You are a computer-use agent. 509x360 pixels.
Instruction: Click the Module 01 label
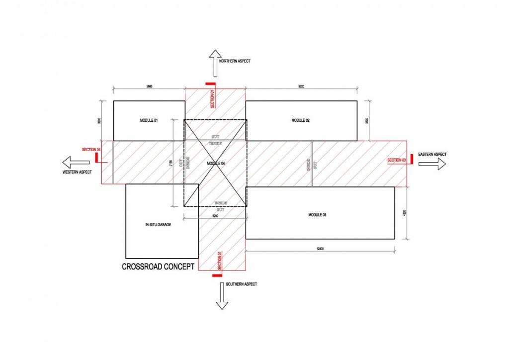pos(149,121)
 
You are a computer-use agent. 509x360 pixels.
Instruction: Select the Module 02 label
pos(301,121)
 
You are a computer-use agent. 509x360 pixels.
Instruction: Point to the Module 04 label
pos(215,163)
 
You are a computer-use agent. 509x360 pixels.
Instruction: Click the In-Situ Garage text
pos(158,225)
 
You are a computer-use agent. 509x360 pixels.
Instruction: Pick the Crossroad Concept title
pos(158,267)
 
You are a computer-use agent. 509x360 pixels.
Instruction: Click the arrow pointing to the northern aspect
pos(215,62)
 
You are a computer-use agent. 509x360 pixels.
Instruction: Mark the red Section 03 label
pos(397,160)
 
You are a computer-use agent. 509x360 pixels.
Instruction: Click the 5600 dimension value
pos(149,87)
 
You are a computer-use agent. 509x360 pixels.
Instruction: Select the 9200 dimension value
pos(301,87)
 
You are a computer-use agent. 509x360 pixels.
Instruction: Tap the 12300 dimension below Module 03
pos(320,248)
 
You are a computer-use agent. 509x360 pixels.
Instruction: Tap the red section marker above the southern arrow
pos(217,274)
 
